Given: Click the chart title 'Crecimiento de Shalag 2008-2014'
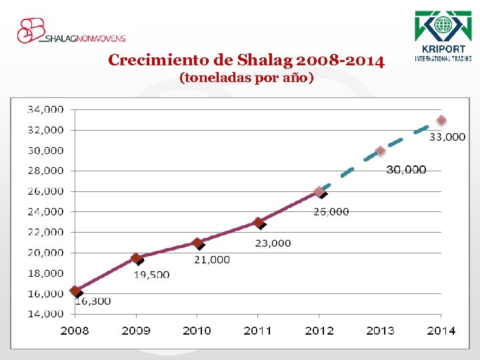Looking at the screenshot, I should (246, 61).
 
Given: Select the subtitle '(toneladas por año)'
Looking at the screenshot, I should (246, 78).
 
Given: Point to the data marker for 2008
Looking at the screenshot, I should (75, 291).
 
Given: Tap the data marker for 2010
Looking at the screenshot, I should (197, 243).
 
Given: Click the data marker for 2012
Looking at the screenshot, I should (319, 191).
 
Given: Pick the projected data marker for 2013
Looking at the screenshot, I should (380, 151).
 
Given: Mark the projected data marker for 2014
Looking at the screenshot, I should (441, 120).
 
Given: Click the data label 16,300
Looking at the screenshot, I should (93, 301).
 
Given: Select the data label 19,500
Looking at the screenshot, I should (151, 274).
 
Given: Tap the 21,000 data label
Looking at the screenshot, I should (212, 259).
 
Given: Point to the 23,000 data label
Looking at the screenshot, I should (273, 243).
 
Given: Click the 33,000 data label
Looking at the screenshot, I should (447, 137).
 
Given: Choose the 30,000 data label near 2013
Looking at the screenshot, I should (406, 170).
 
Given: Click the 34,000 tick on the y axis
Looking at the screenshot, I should (45, 109).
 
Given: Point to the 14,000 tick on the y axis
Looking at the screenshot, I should (45, 314).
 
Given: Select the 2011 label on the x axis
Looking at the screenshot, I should (258, 331).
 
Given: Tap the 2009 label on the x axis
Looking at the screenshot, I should (136, 331).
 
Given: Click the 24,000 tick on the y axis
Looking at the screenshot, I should (45, 211).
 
